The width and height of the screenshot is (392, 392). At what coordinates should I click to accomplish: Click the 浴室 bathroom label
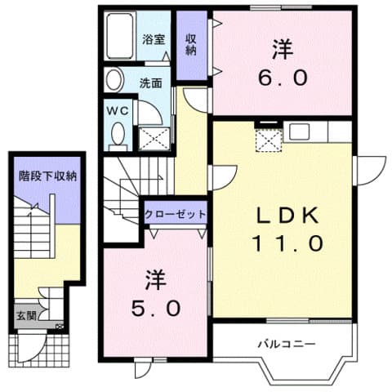click(154, 38)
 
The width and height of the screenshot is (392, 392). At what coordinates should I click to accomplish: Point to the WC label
click(114, 109)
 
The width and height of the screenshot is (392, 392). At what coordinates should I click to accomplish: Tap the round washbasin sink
click(114, 80)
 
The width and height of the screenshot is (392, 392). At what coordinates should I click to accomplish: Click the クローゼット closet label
click(175, 214)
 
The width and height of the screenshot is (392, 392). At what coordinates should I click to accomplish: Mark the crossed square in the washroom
click(155, 136)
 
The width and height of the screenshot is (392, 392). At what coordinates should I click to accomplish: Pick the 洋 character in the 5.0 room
click(156, 280)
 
